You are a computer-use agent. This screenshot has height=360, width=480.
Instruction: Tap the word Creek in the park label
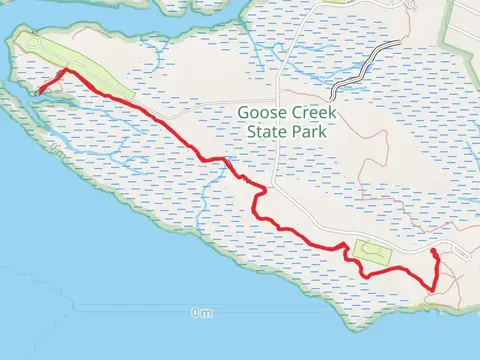point(313,114)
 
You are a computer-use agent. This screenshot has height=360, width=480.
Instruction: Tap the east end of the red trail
point(432,253)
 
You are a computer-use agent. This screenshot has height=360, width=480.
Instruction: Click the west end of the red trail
point(39,94)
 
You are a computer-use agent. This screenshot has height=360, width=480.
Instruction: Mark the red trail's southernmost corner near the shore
point(432,290)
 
